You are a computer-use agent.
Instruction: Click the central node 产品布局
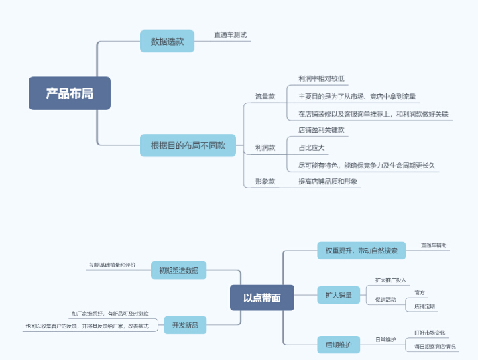[69, 93]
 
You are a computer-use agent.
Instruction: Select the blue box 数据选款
[167, 41]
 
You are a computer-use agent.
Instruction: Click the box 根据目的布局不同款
[188, 145]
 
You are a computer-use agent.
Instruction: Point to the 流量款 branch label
[265, 97]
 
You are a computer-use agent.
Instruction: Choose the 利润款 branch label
[265, 147]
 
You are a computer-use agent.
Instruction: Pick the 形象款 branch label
[265, 181]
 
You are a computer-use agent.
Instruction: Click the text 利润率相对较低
[321, 79]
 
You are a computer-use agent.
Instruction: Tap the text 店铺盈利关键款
[321, 130]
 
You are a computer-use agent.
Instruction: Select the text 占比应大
[312, 147]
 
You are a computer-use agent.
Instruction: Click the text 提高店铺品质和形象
[328, 181]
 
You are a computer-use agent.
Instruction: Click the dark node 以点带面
[261, 298]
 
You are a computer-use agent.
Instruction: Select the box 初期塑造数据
[178, 270]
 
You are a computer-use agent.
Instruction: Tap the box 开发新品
[185, 326]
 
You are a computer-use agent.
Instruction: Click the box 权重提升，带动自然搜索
[361, 251]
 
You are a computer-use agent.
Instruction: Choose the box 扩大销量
[339, 295]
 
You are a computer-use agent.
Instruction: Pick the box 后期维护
[339, 345]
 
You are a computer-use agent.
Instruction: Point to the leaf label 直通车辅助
[434, 246]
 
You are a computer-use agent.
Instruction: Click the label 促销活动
[385, 299]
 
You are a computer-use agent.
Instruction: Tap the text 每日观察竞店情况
[434, 347]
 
